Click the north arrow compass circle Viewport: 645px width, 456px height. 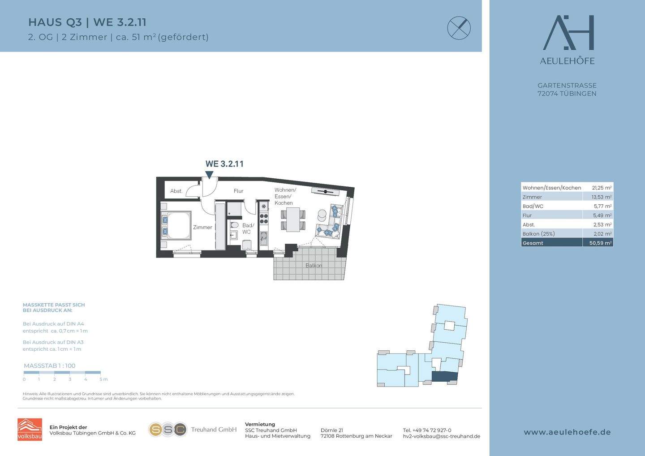point(459,28)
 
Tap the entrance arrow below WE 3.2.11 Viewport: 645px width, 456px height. point(209,175)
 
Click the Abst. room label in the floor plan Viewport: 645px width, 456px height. point(176,191)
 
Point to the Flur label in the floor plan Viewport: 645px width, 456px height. point(238,191)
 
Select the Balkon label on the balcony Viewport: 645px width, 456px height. point(314,266)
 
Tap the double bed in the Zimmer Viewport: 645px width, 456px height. point(176,226)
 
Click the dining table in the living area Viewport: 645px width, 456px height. point(293,219)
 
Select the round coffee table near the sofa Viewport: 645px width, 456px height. point(322,214)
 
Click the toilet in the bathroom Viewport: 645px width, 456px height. point(234,225)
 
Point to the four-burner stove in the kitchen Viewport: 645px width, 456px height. point(264,218)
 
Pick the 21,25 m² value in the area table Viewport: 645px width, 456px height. point(602,188)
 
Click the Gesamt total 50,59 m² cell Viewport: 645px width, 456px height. point(600,243)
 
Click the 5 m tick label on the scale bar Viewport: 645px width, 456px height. point(103,379)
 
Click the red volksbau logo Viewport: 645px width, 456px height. point(30,430)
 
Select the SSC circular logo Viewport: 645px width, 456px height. point(168,430)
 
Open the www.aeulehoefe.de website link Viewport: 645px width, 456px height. point(567,432)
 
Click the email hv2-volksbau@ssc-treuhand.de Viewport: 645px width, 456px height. point(442,436)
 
